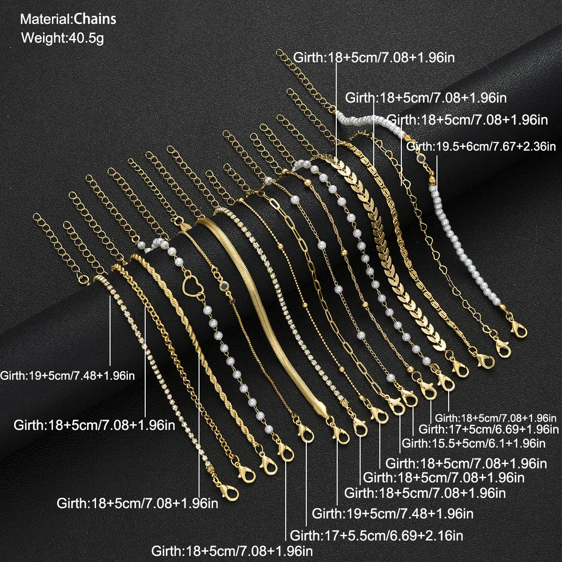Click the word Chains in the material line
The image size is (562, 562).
(x=95, y=19)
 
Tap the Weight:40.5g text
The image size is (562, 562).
(x=62, y=38)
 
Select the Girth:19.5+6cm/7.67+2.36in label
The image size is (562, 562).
(x=481, y=146)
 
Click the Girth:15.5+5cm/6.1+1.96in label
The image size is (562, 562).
(x=473, y=444)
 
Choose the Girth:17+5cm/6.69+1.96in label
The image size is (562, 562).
(x=488, y=429)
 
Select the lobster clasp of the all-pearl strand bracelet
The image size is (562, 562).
(x=518, y=329)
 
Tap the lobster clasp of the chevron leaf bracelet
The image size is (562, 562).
(x=460, y=368)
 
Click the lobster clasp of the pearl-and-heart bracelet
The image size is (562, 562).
(x=285, y=452)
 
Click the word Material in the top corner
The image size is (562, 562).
(x=45, y=19)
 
